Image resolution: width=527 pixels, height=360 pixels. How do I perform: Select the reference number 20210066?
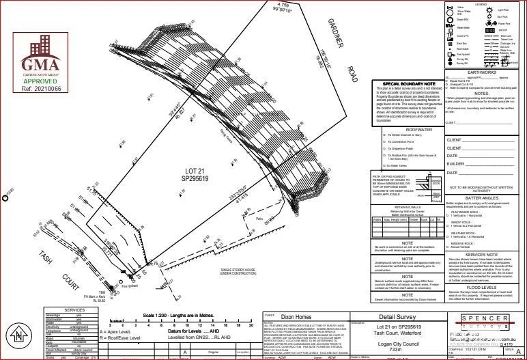[x=41, y=88]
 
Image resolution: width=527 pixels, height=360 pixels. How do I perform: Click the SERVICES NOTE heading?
[x=479, y=253]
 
